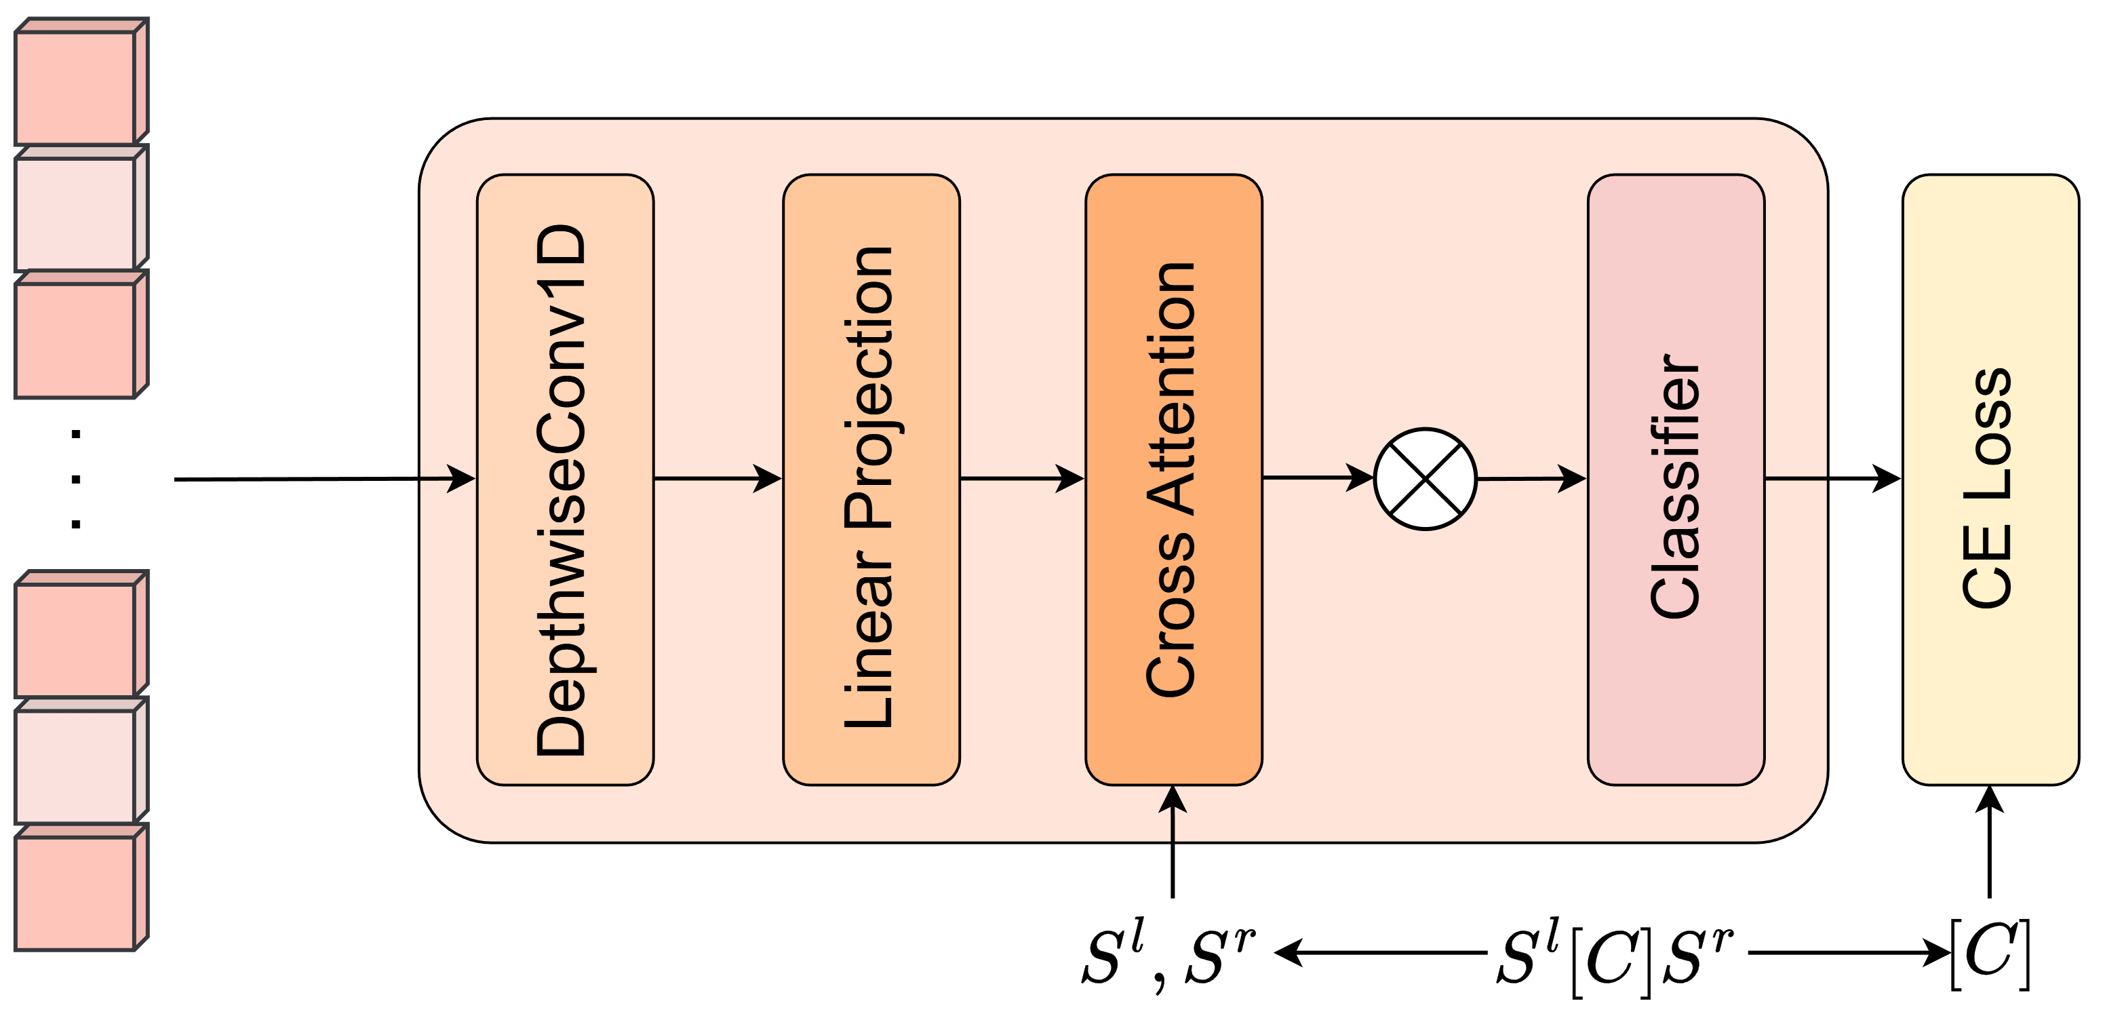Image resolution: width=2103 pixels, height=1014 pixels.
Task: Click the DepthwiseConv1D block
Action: coord(565,480)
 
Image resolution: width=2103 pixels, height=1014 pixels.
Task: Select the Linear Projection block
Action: coord(871,480)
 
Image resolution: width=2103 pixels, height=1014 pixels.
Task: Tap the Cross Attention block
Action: coord(1173,480)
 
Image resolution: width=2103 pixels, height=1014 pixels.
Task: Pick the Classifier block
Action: coord(1675,480)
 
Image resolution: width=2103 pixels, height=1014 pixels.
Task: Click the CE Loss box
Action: coord(1990,480)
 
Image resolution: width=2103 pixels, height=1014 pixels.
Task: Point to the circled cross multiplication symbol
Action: coord(1425,480)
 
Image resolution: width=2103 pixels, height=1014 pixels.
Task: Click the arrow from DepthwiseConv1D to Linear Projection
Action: coord(717,478)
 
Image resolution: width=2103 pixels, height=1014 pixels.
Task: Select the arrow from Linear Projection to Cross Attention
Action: coord(1021,478)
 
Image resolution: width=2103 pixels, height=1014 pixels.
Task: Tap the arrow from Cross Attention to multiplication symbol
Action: coord(1317,477)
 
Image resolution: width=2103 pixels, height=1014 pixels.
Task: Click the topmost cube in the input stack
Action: coord(76,85)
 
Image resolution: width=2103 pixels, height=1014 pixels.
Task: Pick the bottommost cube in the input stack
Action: coord(76,891)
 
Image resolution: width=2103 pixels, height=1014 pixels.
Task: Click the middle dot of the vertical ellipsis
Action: coord(76,480)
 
